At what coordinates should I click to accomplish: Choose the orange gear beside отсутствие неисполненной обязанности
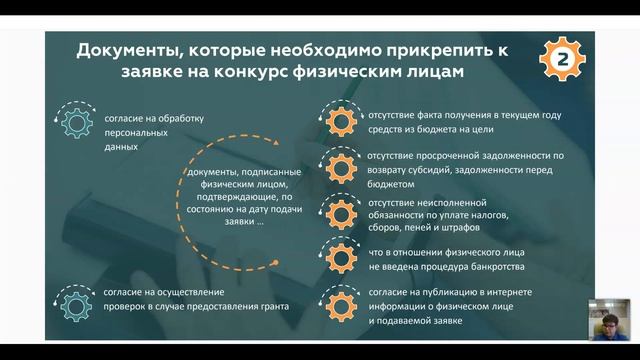338,214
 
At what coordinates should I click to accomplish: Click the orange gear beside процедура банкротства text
338,256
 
